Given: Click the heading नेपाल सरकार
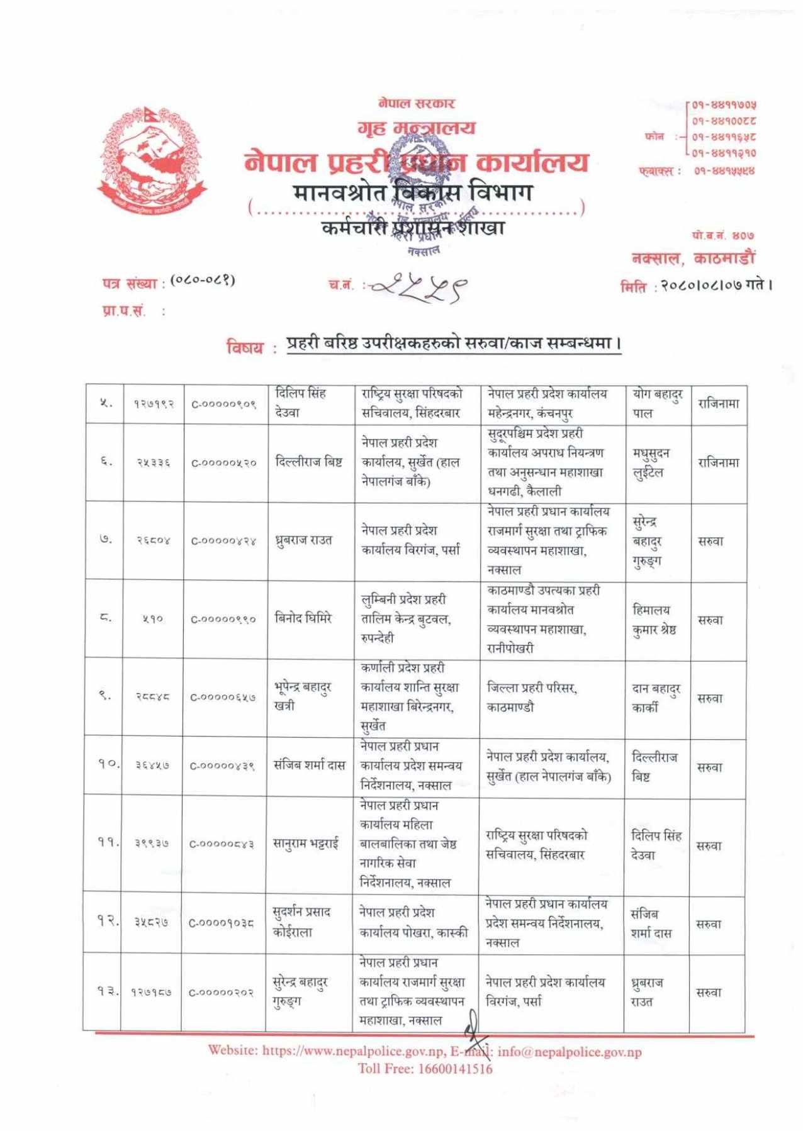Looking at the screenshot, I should tap(416, 103).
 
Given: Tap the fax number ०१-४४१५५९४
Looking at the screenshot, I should tap(724, 170).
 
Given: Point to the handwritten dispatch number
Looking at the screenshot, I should tap(418, 287).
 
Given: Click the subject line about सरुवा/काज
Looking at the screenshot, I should tap(454, 343).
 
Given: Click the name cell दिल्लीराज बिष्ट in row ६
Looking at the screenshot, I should tap(309, 462).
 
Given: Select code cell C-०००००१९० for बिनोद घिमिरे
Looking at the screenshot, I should tap(223, 619).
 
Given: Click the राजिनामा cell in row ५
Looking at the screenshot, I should tap(718, 403).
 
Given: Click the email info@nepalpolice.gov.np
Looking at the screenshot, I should tap(570, 1052).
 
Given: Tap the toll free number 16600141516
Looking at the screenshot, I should tap(455, 1069).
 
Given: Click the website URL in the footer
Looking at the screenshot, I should tap(353, 1050).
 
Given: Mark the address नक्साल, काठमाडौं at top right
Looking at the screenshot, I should tap(693, 258).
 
